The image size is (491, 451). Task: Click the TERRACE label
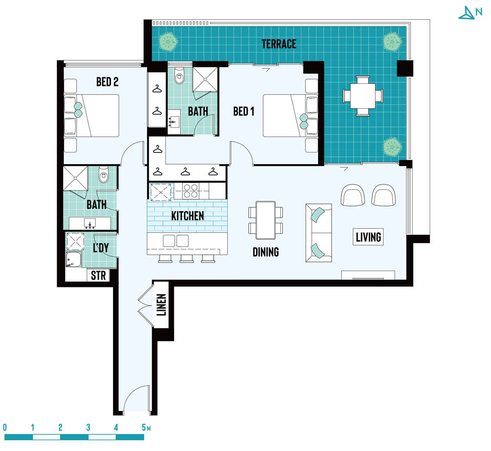[x=279, y=44]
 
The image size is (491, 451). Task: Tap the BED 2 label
[x=107, y=82]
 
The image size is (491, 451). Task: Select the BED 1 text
[x=244, y=111]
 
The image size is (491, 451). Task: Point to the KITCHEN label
[x=187, y=216]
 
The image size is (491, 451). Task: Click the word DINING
[x=266, y=252]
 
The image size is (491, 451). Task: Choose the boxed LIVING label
[x=368, y=237]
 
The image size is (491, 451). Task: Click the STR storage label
[x=98, y=276]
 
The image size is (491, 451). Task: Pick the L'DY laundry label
[x=101, y=248]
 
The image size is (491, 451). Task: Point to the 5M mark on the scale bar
[x=146, y=427]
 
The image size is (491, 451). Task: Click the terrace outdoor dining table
[x=362, y=96]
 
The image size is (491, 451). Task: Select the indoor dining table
[x=266, y=220]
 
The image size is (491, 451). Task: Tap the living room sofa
[x=319, y=233]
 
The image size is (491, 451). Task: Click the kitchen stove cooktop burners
[x=191, y=191]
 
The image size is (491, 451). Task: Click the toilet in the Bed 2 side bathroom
[x=103, y=174]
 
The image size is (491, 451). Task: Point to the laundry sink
[x=74, y=259]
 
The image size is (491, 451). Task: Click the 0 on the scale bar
[x=5, y=427]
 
